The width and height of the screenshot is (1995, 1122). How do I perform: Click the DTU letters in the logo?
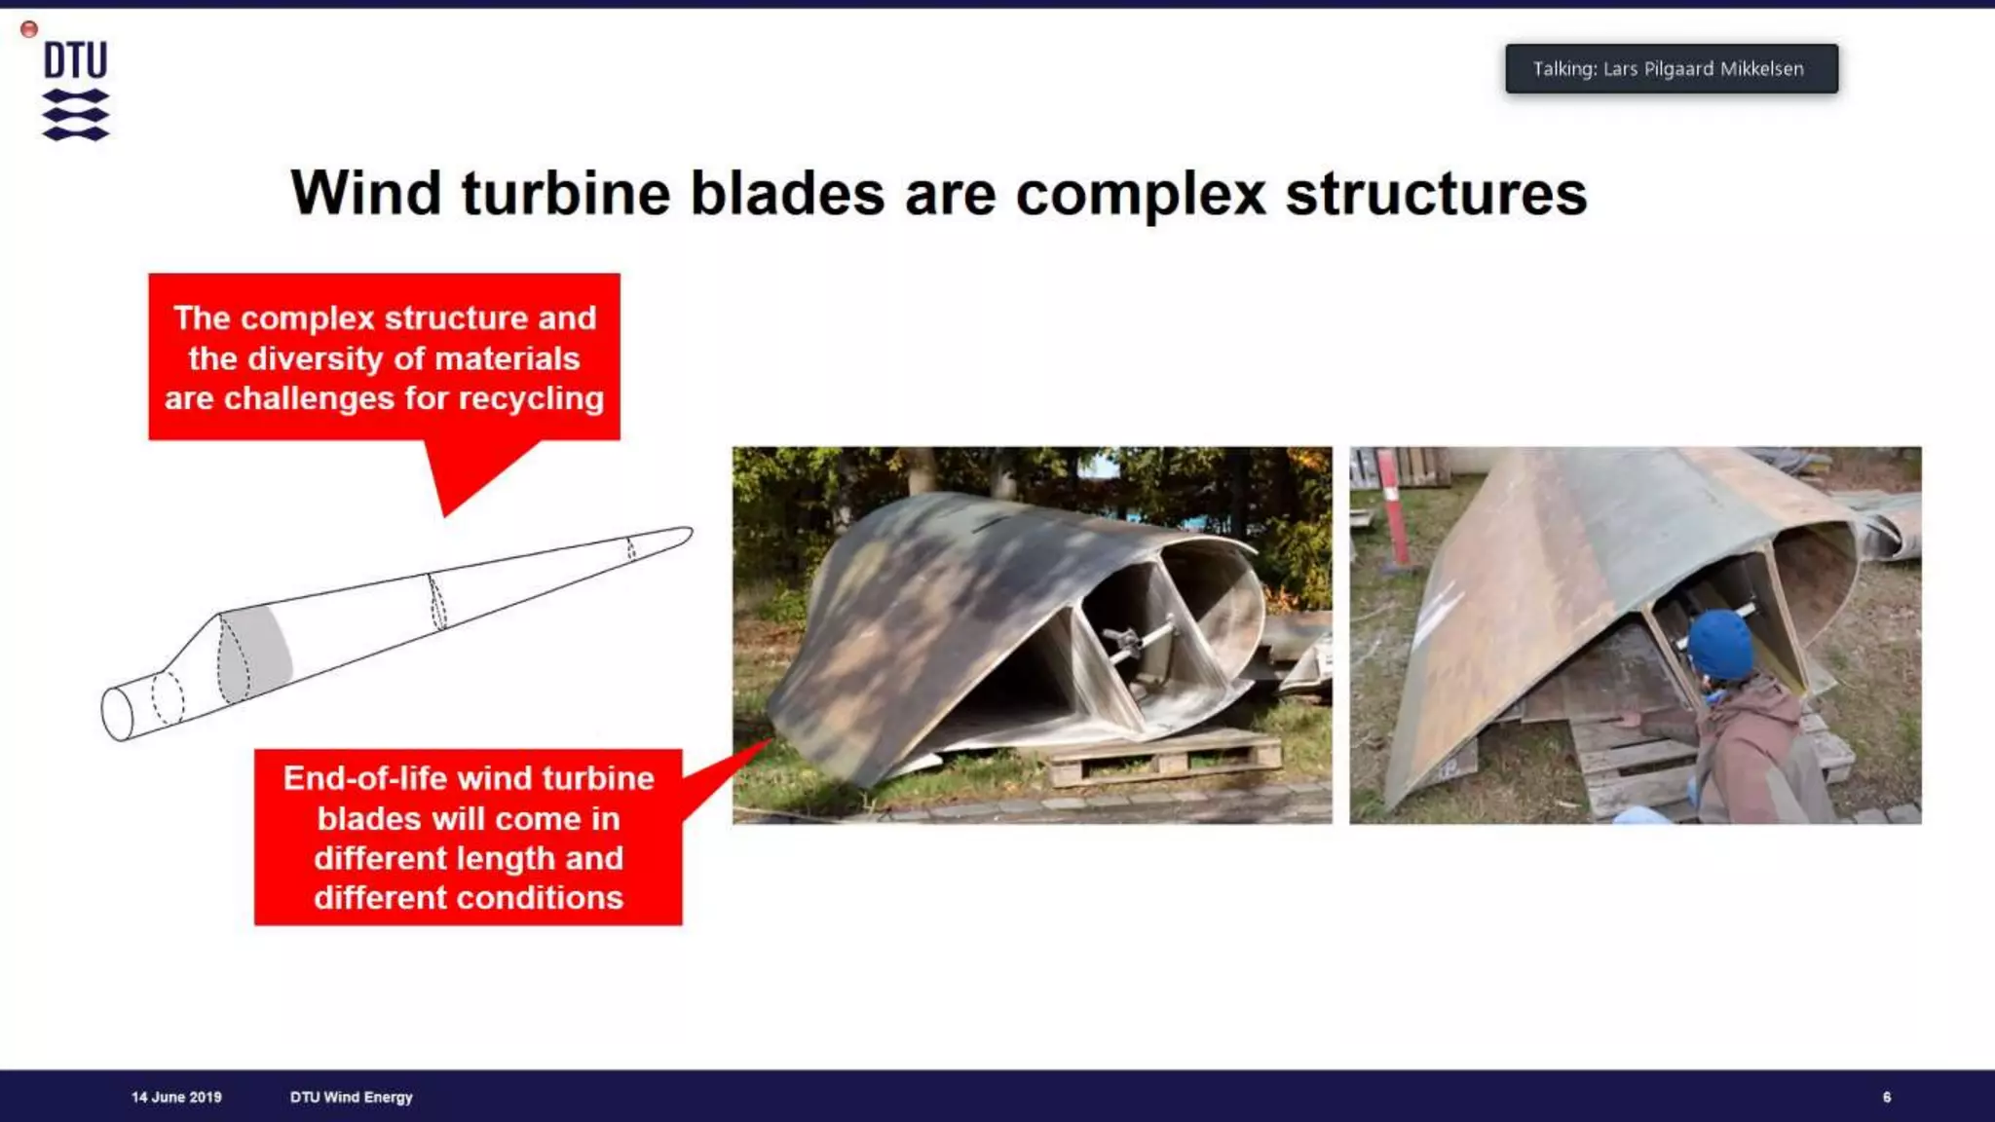[75, 60]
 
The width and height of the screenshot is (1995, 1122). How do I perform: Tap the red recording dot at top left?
[29, 29]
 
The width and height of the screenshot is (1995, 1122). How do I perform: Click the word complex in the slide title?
[1140, 194]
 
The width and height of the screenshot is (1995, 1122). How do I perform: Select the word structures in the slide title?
[1436, 194]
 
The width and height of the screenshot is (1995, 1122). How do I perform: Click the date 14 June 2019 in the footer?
[176, 1097]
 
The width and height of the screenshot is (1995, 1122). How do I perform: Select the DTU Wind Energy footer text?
[351, 1097]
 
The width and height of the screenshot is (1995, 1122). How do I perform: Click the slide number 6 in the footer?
[1887, 1097]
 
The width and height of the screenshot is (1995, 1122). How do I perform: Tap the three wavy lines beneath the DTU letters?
[75, 115]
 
